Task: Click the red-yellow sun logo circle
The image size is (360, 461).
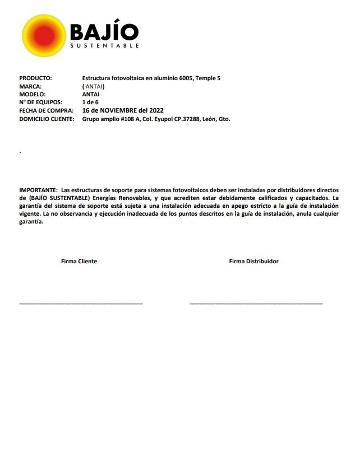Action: (x=44, y=36)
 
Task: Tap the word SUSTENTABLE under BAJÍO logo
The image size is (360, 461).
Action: (x=104, y=46)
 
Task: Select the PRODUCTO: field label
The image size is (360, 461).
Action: (x=35, y=78)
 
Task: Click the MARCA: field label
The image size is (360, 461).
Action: (x=30, y=86)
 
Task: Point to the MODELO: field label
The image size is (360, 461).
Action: (x=33, y=94)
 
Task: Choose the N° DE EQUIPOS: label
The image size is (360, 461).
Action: (x=40, y=103)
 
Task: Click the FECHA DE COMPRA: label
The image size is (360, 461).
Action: (x=46, y=110)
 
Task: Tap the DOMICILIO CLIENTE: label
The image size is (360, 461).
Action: (x=47, y=119)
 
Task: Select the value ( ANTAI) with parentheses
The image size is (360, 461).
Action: (x=94, y=86)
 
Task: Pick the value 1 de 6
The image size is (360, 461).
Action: (x=90, y=103)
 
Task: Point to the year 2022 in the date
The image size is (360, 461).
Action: (x=155, y=110)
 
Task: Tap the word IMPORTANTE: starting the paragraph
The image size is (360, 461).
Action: (x=38, y=190)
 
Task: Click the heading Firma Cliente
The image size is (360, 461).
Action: (x=79, y=262)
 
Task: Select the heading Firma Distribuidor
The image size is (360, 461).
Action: (x=253, y=262)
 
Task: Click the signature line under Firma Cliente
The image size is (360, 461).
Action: (x=81, y=303)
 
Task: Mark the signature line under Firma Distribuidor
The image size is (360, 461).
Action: (x=256, y=303)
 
